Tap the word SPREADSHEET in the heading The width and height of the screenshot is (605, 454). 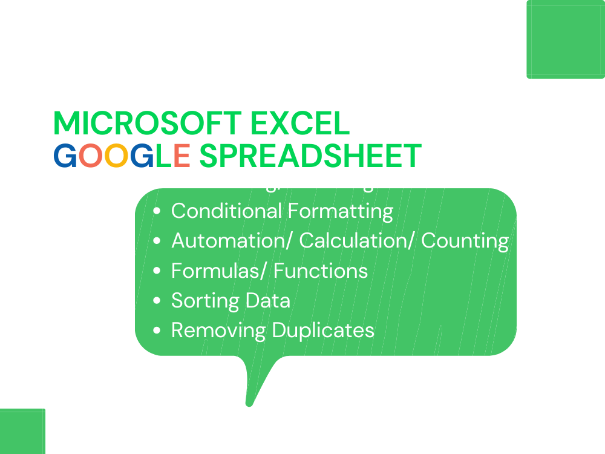pyautogui.click(x=310, y=156)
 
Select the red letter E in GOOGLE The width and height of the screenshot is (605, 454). pyautogui.click(x=181, y=156)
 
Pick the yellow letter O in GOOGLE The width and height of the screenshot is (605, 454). pyautogui.click(x=115, y=156)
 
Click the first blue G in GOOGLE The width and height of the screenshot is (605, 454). pyautogui.click(x=65, y=156)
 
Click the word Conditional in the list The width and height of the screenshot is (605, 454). pyautogui.click(x=226, y=211)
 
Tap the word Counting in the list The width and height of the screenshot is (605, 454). pyautogui.click(x=465, y=241)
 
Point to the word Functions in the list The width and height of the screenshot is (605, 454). pyautogui.click(x=321, y=271)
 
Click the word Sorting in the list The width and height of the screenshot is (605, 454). pyautogui.click(x=204, y=301)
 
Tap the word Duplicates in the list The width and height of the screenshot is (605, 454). pyautogui.click(x=323, y=331)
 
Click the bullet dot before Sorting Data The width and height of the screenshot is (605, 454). pyautogui.click(x=157, y=301)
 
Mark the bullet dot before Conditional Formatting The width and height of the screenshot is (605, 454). pyautogui.click(x=157, y=211)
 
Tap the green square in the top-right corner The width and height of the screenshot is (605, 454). pyautogui.click(x=566, y=39)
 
